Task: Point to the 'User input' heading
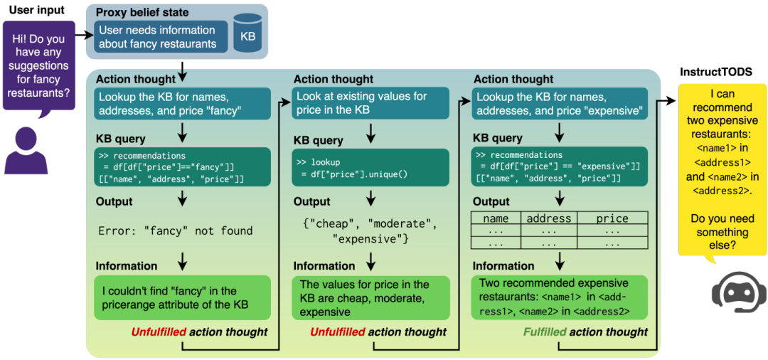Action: (36, 10)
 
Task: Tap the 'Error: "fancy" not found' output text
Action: (176, 231)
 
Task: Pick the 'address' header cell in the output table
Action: (548, 218)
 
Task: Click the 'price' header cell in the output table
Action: (612, 218)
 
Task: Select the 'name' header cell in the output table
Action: (496, 218)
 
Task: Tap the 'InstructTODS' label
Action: (716, 72)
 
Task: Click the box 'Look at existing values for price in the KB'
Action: (371, 102)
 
